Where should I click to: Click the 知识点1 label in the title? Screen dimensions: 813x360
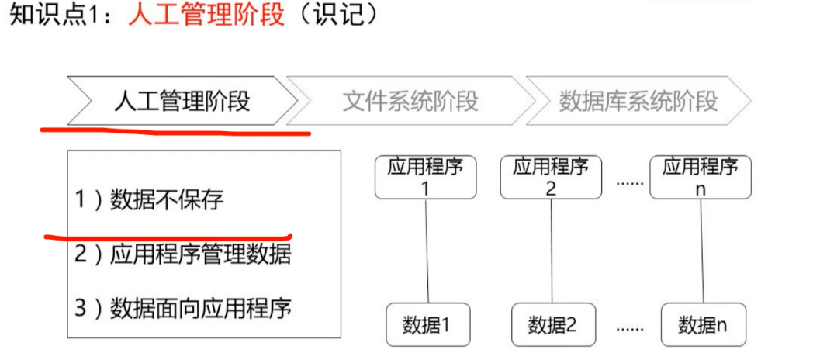[62, 16]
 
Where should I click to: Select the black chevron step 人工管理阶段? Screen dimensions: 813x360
[182, 101]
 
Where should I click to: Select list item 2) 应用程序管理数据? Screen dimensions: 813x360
[183, 254]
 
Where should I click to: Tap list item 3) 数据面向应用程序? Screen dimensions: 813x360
[183, 308]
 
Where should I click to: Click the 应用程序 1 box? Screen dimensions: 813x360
[424, 177]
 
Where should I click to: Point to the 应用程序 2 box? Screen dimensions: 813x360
[551, 177]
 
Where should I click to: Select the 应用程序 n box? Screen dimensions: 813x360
[701, 177]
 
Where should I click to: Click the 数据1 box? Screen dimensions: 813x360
[428, 324]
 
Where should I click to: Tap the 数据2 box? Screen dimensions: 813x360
[553, 324]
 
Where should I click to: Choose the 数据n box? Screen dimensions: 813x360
[703, 324]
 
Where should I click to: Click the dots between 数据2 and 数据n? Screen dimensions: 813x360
[630, 327]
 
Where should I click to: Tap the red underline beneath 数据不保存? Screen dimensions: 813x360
[167, 234]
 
